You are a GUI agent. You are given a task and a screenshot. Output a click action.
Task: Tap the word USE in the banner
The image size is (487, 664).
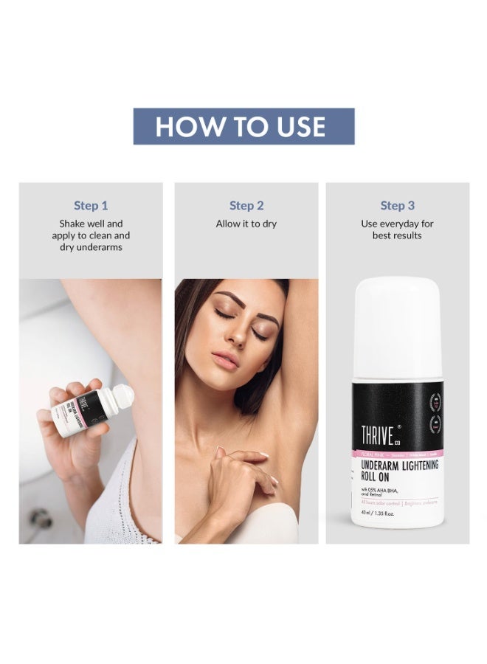tap(296, 126)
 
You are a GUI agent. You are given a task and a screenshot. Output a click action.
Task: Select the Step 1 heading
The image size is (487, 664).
tap(91, 205)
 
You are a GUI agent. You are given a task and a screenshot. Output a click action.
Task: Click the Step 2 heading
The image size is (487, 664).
tap(246, 205)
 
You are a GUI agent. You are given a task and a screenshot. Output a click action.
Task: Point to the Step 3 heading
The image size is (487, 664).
tap(397, 205)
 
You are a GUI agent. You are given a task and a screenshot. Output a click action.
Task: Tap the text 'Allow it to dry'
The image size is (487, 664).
tap(246, 224)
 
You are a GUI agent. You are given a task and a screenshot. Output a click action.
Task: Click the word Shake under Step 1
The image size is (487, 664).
tap(73, 223)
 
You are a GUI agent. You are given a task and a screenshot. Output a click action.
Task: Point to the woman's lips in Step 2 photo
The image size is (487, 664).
tap(226, 359)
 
